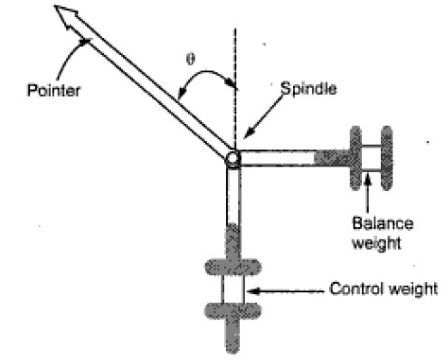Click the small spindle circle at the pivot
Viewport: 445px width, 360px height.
(233, 159)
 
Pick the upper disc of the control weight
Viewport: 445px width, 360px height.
(234, 268)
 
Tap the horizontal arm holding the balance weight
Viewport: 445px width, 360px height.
(280, 158)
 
